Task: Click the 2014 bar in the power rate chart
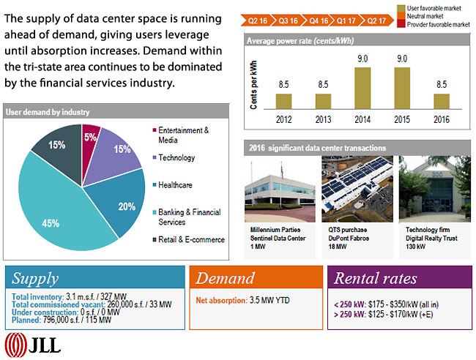tap(362, 88)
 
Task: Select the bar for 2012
tap(283, 101)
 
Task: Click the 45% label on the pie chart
tap(51, 224)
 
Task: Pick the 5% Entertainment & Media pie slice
tap(90, 138)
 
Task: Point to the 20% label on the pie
tap(127, 206)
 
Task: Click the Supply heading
tap(36, 279)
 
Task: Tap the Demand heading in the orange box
tap(226, 279)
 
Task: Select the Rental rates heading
tap(376, 279)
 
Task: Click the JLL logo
tap(34, 342)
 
